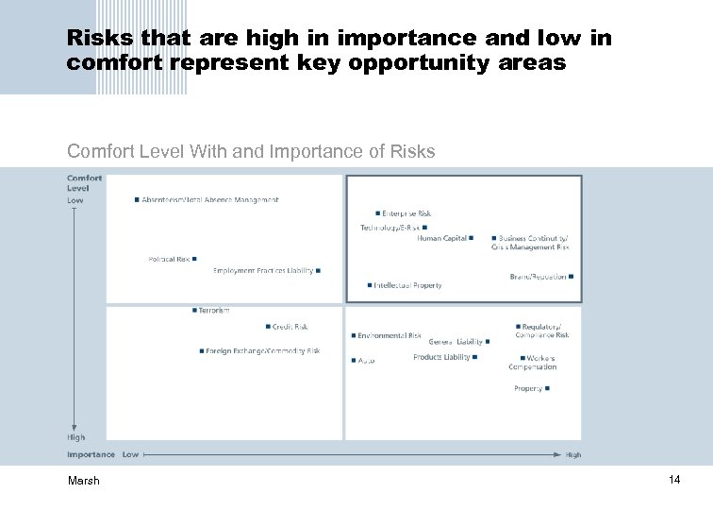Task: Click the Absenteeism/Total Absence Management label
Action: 210,200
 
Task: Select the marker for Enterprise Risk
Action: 378,213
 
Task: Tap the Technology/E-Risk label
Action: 390,228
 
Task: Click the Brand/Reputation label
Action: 538,277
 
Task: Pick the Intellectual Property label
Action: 407,285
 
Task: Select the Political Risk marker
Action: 194,259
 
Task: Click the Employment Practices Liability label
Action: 263,271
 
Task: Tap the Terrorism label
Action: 214,310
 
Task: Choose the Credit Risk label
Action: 290,327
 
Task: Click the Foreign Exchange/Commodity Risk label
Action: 263,351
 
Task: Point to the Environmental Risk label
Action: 390,335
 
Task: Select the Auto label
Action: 367,360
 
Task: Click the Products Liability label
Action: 441,358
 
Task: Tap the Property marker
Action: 547,388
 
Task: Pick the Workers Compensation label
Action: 533,363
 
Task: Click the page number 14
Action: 674,481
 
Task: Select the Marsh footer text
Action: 83,482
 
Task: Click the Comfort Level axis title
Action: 85,183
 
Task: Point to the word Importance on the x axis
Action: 91,454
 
